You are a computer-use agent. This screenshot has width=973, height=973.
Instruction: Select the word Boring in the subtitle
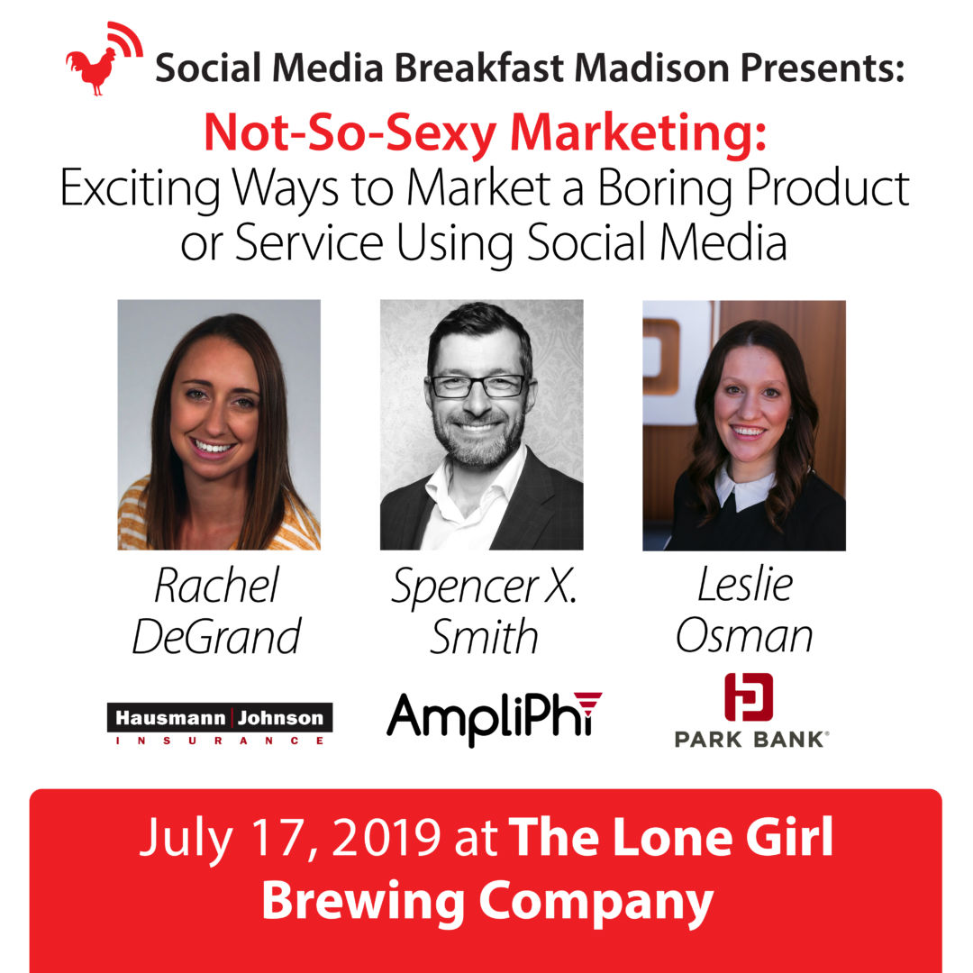666,189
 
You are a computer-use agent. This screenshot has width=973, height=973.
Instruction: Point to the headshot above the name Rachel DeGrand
219,425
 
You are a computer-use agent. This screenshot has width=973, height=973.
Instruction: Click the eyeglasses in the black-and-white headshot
477,386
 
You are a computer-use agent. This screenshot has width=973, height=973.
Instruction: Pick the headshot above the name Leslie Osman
744,425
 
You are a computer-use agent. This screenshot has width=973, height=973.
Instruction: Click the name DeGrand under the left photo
216,637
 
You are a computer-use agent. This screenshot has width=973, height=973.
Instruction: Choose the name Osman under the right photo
744,635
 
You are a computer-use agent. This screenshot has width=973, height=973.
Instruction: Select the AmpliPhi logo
494,718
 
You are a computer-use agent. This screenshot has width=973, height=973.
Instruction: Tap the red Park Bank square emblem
749,696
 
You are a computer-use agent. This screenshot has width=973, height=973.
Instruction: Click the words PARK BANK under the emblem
751,740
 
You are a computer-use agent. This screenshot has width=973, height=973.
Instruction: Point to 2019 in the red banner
386,839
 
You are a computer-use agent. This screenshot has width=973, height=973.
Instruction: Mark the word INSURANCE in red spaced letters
220,741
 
